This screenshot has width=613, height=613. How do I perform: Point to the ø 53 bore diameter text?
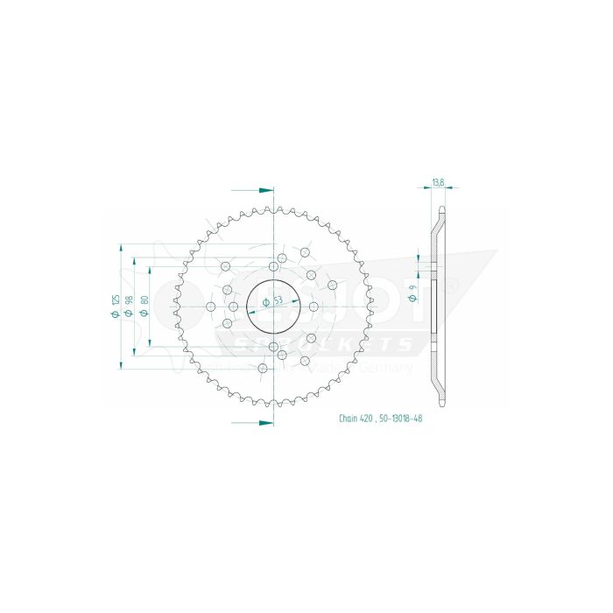275,300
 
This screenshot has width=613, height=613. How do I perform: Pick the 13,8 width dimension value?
438,183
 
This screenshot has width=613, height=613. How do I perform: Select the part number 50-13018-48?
405,419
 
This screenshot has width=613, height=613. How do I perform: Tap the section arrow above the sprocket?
254,189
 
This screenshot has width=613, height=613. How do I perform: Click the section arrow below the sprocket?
254,422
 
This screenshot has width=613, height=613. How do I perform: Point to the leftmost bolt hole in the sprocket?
210,306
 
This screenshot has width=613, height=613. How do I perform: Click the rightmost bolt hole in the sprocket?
333,284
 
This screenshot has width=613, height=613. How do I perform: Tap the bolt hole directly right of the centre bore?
314,306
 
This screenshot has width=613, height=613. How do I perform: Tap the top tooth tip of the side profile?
442,209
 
